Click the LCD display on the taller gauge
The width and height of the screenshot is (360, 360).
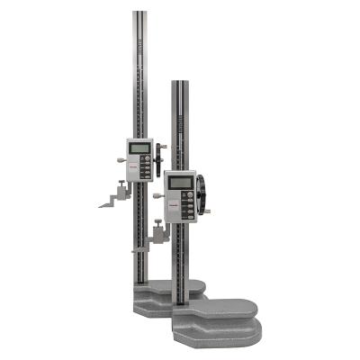(139, 148)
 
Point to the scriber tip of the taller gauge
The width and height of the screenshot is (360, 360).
(102, 205)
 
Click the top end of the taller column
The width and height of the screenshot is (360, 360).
(140, 13)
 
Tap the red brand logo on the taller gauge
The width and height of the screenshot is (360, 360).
(130, 165)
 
